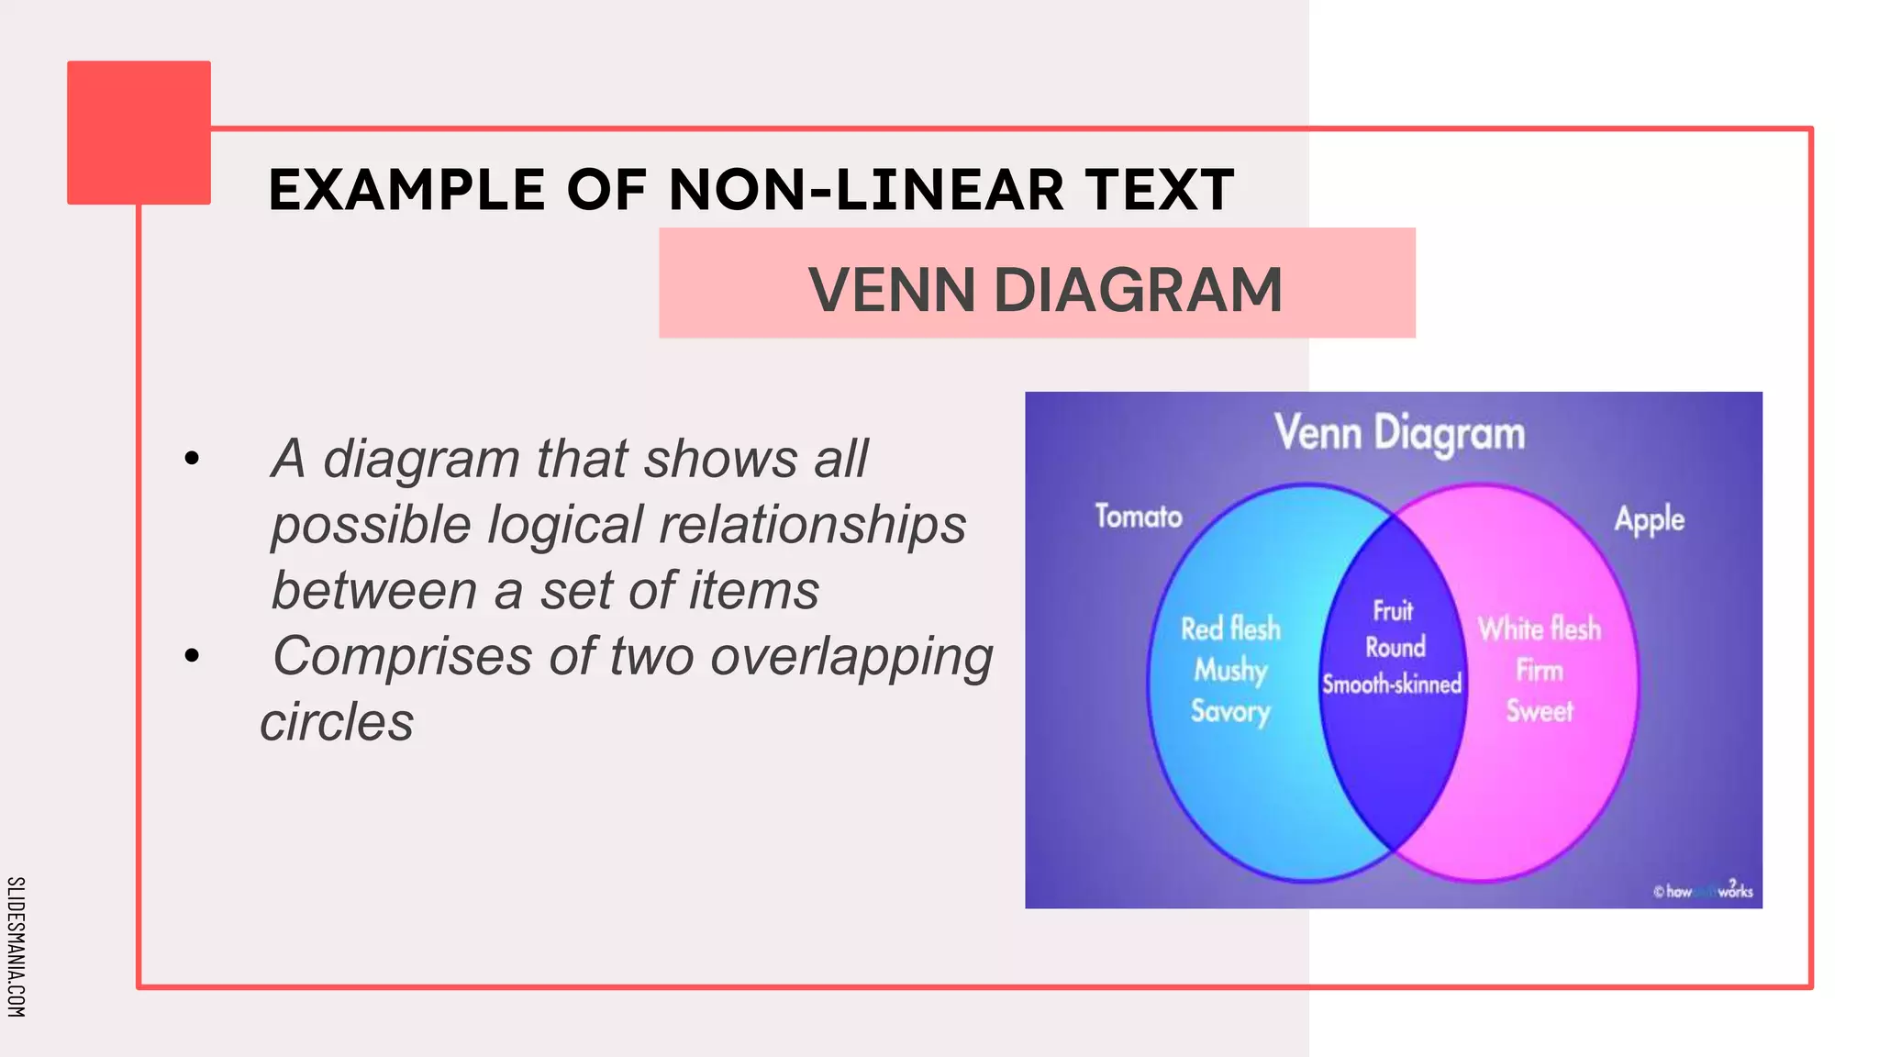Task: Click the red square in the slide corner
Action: click(x=139, y=132)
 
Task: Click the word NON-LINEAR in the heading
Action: click(x=867, y=190)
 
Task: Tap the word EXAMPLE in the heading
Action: click(x=406, y=190)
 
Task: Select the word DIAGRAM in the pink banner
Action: click(x=1138, y=290)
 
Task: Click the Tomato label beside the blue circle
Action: click(x=1139, y=517)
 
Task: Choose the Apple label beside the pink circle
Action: click(x=1650, y=519)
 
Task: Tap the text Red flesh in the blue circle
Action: click(x=1230, y=629)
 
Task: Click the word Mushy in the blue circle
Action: click(x=1230, y=671)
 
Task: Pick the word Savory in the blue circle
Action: click(x=1230, y=712)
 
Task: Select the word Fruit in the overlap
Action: click(x=1393, y=611)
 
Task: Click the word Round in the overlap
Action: click(x=1395, y=648)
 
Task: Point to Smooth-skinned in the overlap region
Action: click(x=1392, y=684)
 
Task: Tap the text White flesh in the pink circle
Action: click(x=1540, y=629)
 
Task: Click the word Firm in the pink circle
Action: click(x=1540, y=671)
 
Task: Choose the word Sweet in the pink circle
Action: click(x=1540, y=712)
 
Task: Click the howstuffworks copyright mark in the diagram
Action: click(x=1703, y=891)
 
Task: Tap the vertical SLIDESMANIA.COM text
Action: click(x=17, y=947)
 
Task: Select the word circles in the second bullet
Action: click(x=337, y=722)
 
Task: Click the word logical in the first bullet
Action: click(x=564, y=525)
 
